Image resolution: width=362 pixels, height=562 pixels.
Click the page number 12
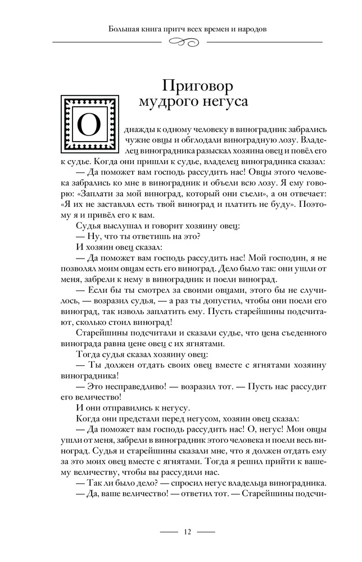tap(188, 532)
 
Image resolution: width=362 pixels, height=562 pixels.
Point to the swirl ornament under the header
tap(187, 42)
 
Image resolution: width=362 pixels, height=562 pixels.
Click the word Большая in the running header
tap(124, 28)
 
